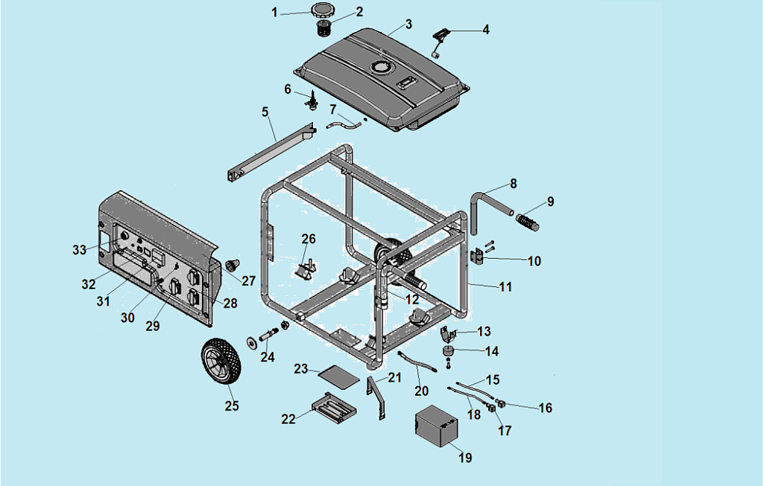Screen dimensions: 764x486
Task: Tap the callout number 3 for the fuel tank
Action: (408, 24)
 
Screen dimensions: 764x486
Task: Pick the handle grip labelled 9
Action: (528, 221)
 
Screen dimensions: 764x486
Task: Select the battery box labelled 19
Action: (437, 426)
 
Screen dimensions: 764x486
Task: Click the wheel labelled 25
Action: (220, 362)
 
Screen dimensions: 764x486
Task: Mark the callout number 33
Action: (80, 250)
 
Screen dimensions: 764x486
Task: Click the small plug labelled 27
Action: (233, 265)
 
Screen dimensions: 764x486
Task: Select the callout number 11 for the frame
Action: (506, 286)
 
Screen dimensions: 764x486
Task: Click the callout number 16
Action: (545, 408)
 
